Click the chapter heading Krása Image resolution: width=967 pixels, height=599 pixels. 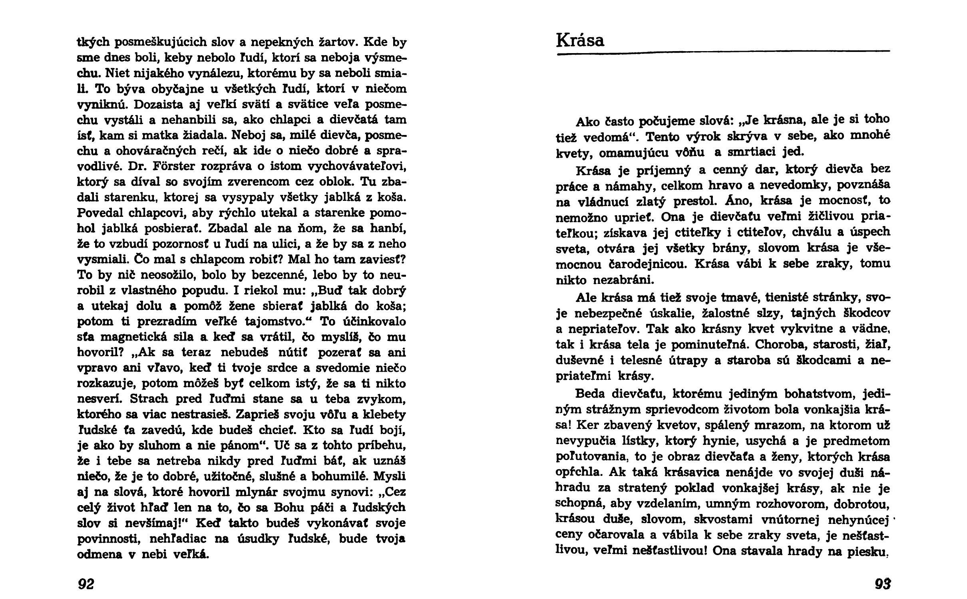tap(580, 40)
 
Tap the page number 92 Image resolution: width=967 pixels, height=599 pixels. tap(86, 584)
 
